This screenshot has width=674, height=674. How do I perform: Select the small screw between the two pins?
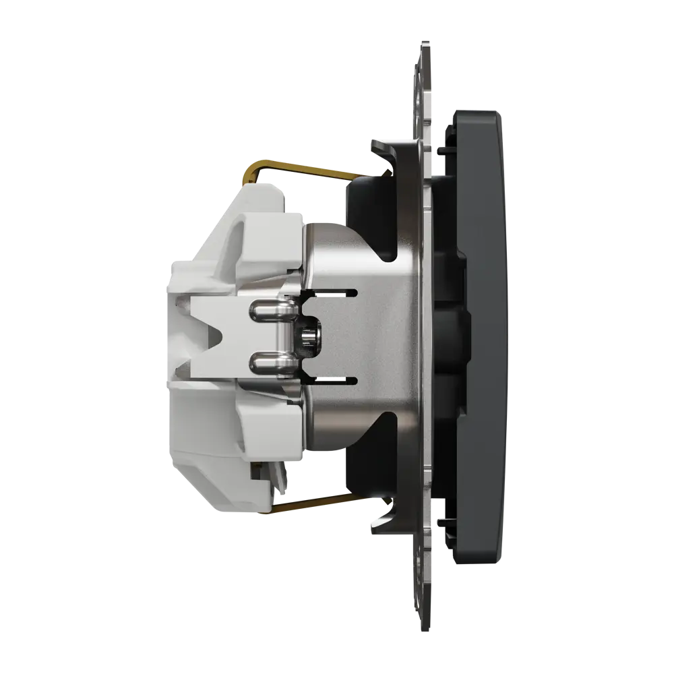(x=310, y=337)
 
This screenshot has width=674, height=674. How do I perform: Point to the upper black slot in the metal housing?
(x=330, y=292)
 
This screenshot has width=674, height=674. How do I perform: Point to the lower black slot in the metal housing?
(x=330, y=382)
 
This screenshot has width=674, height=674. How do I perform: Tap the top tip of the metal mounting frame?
(x=423, y=47)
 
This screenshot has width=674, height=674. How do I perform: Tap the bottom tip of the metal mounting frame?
(x=423, y=627)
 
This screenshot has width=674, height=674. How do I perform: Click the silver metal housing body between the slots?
(x=377, y=337)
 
